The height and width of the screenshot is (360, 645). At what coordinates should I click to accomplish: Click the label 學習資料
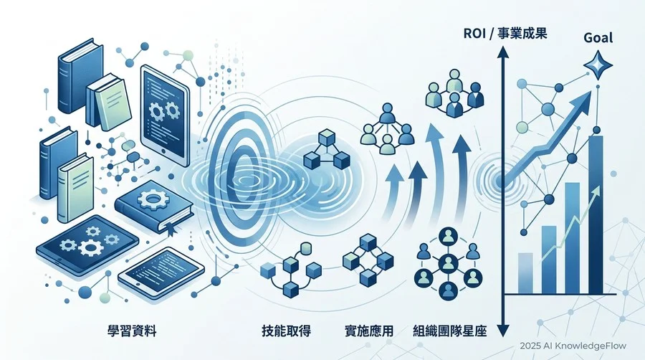point(132,331)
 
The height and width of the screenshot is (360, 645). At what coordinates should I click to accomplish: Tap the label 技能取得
point(286,331)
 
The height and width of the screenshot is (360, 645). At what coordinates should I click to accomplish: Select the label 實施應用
point(368,331)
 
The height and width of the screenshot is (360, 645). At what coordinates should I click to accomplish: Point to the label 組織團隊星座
point(449,331)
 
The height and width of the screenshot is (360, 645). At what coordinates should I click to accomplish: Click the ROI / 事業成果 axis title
point(505,33)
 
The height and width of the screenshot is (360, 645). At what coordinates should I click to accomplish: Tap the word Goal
point(598,38)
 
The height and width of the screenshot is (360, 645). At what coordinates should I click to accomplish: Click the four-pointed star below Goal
point(598,66)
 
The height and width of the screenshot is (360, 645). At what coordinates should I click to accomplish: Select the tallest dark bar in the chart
point(596,214)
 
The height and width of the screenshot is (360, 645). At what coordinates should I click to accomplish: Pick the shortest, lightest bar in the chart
point(525,273)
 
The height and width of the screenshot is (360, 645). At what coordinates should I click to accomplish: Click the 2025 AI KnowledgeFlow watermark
point(573,346)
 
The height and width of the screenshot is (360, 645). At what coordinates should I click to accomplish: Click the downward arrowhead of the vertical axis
point(502,330)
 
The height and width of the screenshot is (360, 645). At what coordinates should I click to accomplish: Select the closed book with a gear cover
point(154,208)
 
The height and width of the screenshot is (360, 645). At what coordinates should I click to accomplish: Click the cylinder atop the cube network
point(305,249)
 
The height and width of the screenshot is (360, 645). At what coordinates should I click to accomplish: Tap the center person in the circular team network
point(446,262)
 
